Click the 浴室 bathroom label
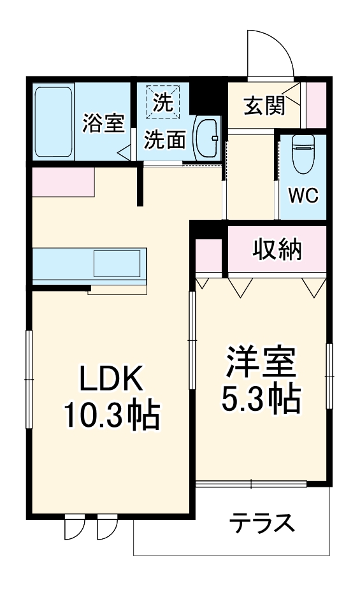[x=103, y=123]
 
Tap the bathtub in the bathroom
[x=54, y=122]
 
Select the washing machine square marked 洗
[x=164, y=102]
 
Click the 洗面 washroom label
[x=164, y=140]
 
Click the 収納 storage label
[x=278, y=250]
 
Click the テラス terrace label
[x=263, y=524]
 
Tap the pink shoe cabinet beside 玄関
[x=315, y=105]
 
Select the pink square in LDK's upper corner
[x=62, y=182]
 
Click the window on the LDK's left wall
[x=28, y=380]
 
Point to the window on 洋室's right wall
[x=329, y=376]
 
